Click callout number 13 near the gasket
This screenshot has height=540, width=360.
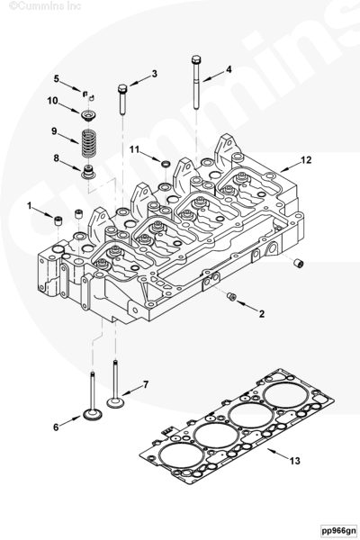tap(295, 461)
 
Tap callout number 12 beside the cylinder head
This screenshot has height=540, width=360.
tap(306, 160)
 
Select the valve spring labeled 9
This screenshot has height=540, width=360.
tap(87, 142)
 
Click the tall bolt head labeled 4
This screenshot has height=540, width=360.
tap(195, 59)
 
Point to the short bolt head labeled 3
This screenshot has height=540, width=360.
tap(122, 88)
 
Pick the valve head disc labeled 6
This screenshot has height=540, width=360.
tap(93, 414)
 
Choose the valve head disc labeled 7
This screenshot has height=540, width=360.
tap(115, 402)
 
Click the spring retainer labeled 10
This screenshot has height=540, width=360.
tap(88, 114)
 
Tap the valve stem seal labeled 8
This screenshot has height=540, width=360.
tap(88, 172)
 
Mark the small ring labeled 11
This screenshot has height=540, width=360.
tap(166, 163)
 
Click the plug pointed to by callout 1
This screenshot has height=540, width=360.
tap(58, 220)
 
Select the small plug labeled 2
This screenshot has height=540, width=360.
tap(231, 296)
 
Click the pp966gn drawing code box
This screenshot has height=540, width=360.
tap(338, 530)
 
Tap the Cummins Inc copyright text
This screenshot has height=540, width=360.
tap(45, 5)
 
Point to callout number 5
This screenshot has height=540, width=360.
tap(57, 78)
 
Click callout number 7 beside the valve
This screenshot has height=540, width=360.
tap(146, 384)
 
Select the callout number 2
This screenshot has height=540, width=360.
tap(262, 314)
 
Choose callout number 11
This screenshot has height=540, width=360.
tap(134, 149)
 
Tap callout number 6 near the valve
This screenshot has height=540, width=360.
tap(56, 427)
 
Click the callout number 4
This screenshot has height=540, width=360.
tap(229, 69)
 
